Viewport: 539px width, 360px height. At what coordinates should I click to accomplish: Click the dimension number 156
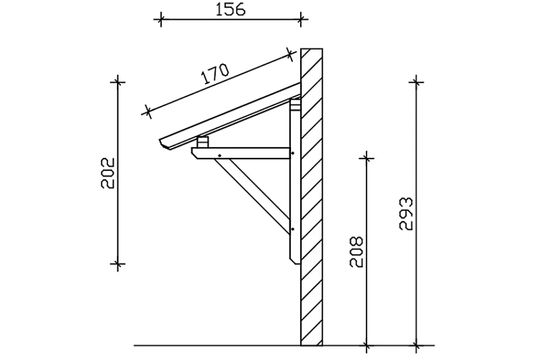pos(230,10)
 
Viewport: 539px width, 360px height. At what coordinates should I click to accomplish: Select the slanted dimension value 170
pos(215,74)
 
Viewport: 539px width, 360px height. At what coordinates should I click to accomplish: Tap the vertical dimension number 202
pos(108,173)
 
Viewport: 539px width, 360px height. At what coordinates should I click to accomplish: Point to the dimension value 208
pos(356,252)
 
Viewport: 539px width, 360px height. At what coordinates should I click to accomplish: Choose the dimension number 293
pos(406,213)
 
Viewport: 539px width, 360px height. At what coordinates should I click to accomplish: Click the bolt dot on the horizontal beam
pos(219,156)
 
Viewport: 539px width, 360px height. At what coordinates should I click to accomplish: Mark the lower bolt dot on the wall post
pos(293,229)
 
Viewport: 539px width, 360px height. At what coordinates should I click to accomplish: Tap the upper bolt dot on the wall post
pos(293,153)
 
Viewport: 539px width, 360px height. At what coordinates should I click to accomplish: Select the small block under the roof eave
pos(203,142)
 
